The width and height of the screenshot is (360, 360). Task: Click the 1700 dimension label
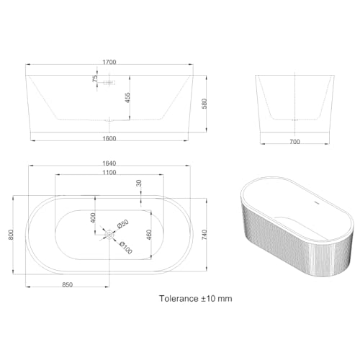click(x=109, y=63)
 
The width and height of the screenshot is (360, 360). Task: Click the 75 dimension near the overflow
click(x=94, y=81)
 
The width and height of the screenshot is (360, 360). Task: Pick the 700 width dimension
click(x=294, y=142)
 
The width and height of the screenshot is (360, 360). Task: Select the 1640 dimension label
click(x=109, y=162)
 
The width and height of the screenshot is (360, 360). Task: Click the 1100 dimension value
click(x=109, y=174)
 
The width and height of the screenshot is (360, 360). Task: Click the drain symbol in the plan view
click(x=109, y=233)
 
